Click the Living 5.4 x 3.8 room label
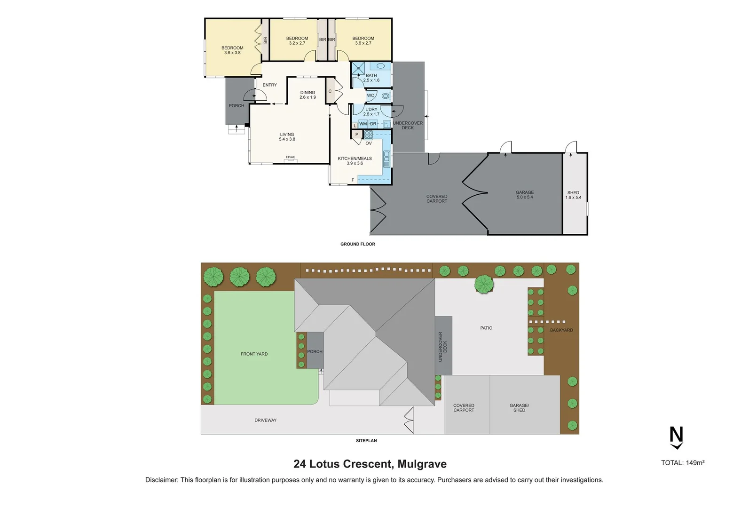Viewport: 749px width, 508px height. point(287,137)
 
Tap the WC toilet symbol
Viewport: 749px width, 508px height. point(386,96)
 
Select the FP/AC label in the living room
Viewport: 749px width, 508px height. point(291,158)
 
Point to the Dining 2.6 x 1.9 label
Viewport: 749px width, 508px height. point(307,95)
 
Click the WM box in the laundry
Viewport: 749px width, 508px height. point(363,124)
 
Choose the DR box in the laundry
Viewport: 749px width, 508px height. point(373,124)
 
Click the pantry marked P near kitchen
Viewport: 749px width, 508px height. point(356,135)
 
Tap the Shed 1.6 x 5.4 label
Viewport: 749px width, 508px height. point(573,195)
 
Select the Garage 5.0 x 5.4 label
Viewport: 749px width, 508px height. point(525,195)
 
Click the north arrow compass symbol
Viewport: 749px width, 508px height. point(676,438)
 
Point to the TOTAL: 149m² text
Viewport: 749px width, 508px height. point(683,463)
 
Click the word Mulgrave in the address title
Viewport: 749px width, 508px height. point(422,464)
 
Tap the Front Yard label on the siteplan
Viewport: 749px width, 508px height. point(254,354)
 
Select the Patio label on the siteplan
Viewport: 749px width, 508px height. point(486,328)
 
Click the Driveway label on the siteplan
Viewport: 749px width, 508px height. point(266,421)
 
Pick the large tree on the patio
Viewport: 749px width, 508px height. point(484,284)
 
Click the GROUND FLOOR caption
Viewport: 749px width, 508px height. point(358,244)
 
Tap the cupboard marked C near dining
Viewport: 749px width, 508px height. point(330,92)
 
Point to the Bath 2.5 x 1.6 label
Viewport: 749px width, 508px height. point(371,78)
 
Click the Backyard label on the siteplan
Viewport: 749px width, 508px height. point(561,330)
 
